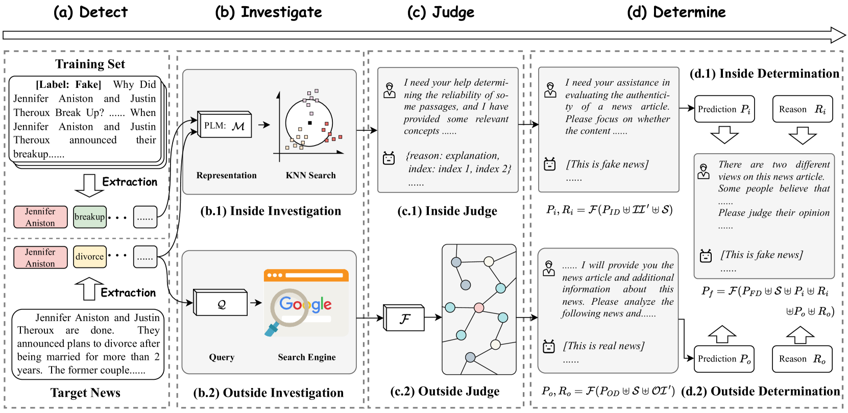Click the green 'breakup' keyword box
click(89, 216)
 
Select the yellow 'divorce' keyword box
click(89, 257)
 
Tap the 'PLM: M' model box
click(225, 125)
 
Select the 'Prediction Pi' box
click(724, 109)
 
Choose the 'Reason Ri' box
click(802, 109)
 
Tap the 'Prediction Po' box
click(724, 359)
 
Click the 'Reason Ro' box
click(802, 359)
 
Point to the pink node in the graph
click(479, 308)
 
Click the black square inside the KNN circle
click(310, 123)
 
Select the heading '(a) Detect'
click(90, 12)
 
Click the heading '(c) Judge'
click(441, 12)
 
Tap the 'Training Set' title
click(90, 64)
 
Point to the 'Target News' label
click(85, 393)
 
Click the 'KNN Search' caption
click(310, 175)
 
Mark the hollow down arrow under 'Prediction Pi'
click(724, 135)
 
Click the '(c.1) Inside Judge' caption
click(447, 211)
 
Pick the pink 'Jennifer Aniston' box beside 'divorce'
click(40, 257)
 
